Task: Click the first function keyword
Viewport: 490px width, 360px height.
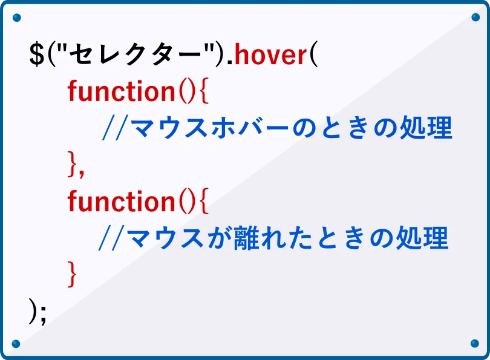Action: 121,92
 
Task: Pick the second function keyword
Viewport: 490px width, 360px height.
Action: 121,201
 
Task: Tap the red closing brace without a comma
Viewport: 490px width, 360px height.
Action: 73,274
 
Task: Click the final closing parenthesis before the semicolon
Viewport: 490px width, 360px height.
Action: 33,311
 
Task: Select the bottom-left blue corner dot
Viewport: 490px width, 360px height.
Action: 16,344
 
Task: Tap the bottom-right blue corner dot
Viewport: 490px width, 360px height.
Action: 474,344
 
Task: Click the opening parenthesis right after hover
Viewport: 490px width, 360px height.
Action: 313,55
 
